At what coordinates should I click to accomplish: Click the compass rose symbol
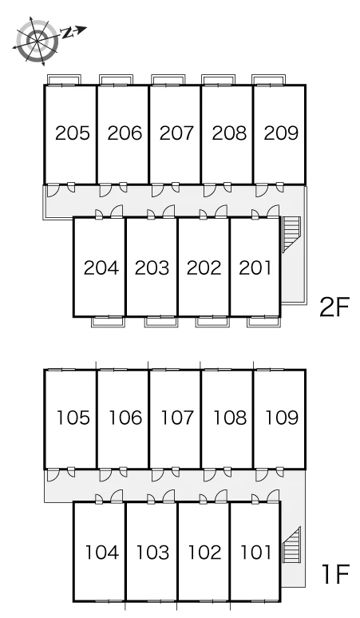tap(38, 40)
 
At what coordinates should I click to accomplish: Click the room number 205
tap(73, 133)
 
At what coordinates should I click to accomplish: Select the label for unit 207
tap(177, 133)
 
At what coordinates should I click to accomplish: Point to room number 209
tap(281, 133)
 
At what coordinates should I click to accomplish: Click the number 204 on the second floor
tap(101, 268)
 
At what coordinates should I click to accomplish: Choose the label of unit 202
tap(204, 268)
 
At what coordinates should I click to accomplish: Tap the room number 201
tap(255, 268)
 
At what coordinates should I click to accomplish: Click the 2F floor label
tap(334, 308)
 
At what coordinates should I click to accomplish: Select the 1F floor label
tap(335, 574)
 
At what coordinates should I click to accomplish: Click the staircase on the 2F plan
tap(291, 234)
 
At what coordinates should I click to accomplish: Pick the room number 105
tap(73, 418)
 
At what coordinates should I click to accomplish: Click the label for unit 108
tap(230, 418)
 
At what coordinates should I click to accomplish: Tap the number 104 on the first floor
tap(102, 553)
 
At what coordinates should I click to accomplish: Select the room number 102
tap(204, 553)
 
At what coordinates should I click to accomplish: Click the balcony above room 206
tap(116, 80)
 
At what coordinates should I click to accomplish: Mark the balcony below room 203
tap(161, 322)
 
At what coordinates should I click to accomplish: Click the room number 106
tap(125, 418)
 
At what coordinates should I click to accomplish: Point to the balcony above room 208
tap(218, 80)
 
